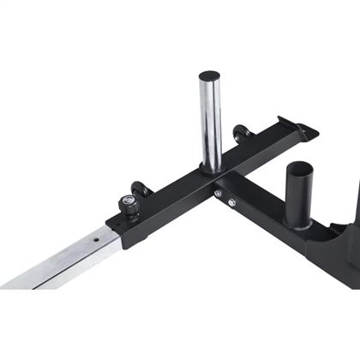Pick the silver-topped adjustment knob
(153, 203)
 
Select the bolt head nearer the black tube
(231, 203)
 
